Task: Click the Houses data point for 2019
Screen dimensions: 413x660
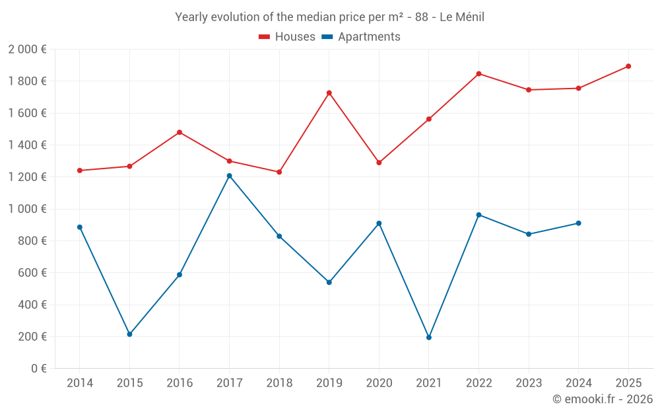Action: [329, 93]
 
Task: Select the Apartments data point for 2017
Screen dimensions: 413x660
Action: [229, 176]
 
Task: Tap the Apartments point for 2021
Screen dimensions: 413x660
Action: [429, 338]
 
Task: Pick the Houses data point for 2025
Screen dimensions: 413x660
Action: [628, 66]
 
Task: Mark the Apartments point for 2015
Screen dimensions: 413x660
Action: [129, 334]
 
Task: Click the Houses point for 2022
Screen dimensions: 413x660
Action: [478, 73]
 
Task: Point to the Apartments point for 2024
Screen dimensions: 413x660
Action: [578, 223]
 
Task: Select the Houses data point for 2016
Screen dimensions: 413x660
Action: [180, 132]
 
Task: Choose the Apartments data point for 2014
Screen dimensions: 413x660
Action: [80, 227]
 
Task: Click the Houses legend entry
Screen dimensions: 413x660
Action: [287, 37]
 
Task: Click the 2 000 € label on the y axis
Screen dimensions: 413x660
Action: [27, 50]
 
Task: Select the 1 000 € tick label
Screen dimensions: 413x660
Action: [27, 209]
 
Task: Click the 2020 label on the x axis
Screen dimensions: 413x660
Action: [379, 383]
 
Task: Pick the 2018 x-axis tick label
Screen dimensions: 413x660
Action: [279, 383]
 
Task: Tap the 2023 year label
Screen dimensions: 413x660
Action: [529, 383]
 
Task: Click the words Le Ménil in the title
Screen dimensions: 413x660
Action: [461, 17]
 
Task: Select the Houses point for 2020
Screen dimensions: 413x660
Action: [379, 163]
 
